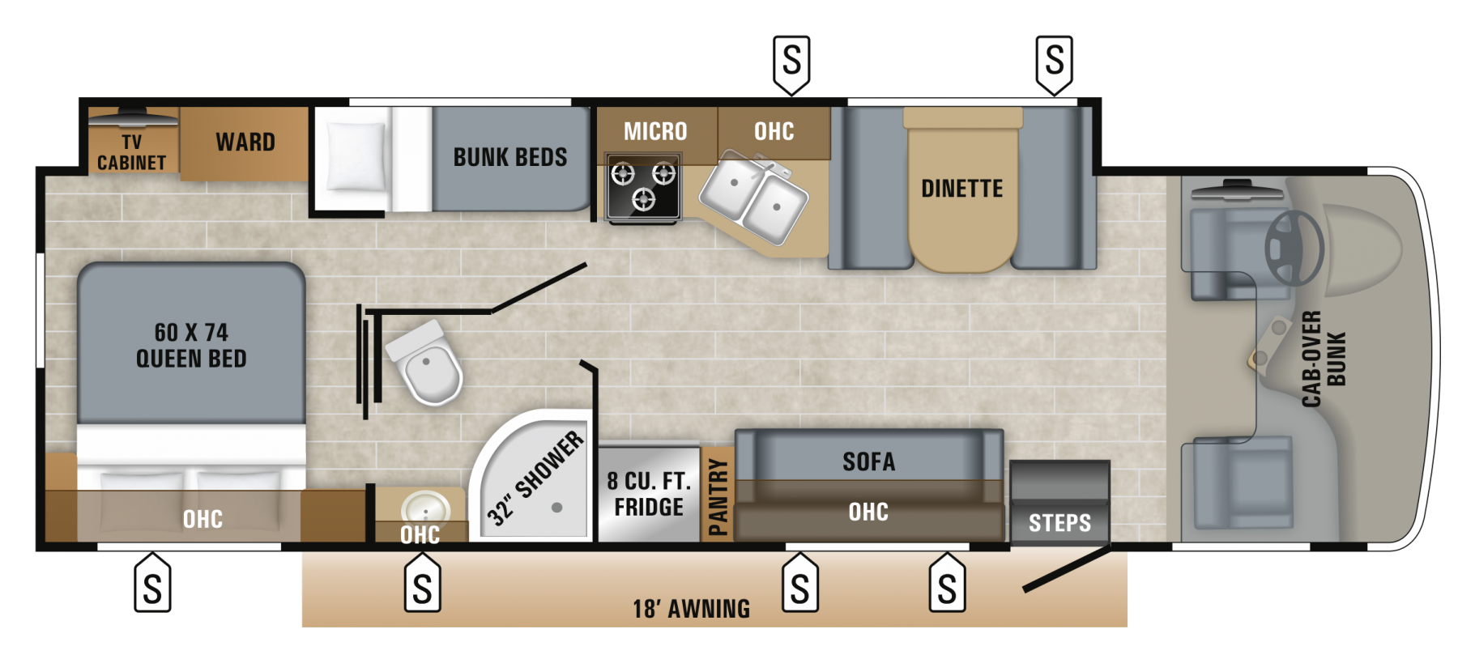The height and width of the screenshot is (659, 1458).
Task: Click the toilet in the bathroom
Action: (x=427, y=364)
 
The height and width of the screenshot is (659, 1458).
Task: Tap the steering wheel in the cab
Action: (x=1294, y=248)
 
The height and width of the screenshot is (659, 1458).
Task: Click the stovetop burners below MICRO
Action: (x=643, y=186)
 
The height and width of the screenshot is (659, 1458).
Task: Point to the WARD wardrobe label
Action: (x=245, y=142)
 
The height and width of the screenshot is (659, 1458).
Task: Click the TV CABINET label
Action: (x=131, y=152)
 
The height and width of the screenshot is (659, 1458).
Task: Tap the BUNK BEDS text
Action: (x=510, y=157)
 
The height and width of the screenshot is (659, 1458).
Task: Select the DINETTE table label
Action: (x=962, y=189)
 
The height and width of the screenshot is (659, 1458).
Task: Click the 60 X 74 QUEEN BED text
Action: (x=191, y=345)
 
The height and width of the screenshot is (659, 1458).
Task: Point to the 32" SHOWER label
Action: (x=535, y=477)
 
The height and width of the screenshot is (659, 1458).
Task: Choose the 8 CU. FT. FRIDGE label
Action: (x=649, y=494)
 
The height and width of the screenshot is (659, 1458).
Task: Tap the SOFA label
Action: (x=868, y=461)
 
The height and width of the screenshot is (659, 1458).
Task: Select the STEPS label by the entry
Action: (x=1059, y=523)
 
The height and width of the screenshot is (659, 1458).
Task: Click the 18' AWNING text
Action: (x=691, y=609)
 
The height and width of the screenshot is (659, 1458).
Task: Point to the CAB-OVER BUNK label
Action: (x=1323, y=359)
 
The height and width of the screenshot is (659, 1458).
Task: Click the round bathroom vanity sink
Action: (x=425, y=509)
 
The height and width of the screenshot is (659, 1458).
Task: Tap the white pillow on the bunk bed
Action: (x=354, y=156)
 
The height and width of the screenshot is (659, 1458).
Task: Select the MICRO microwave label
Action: (x=655, y=131)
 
